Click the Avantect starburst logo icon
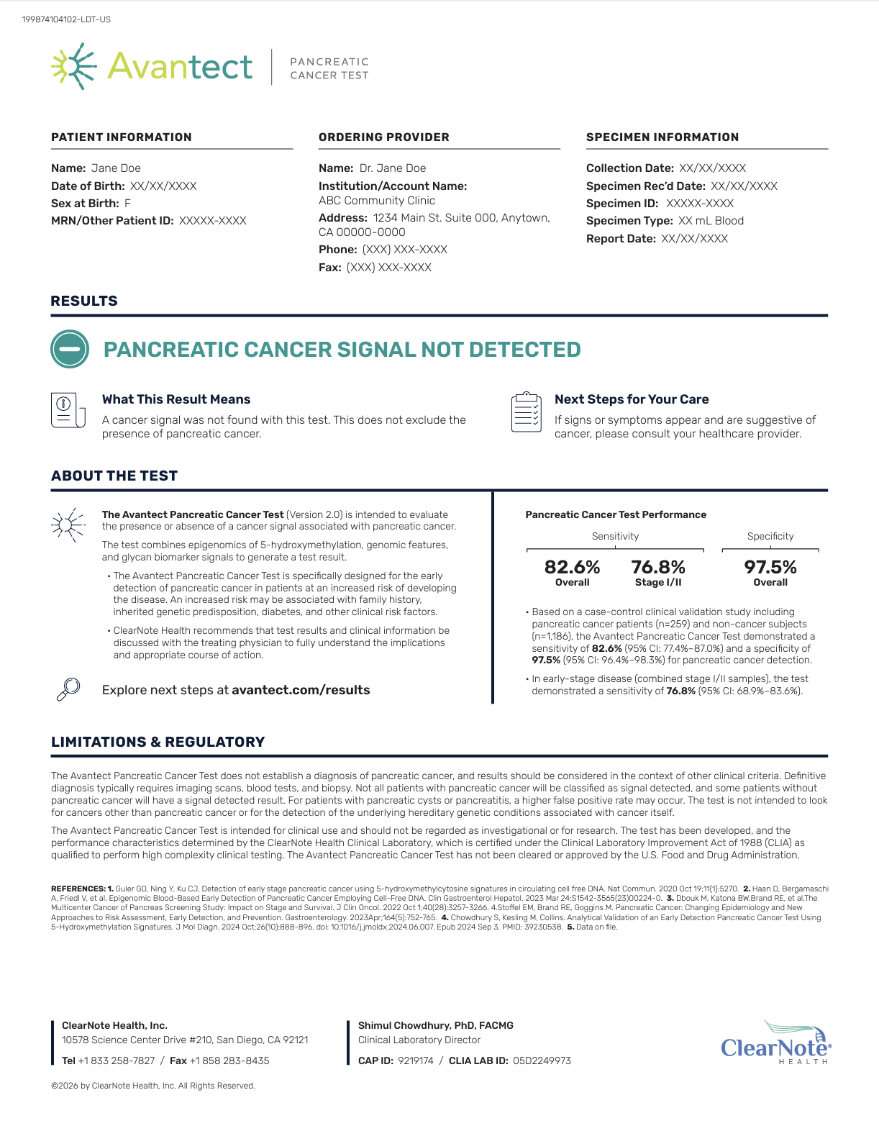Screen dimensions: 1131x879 (x=74, y=66)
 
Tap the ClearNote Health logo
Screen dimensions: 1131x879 (x=775, y=1043)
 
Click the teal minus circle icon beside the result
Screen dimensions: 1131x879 (x=70, y=349)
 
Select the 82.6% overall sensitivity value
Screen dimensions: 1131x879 (x=572, y=567)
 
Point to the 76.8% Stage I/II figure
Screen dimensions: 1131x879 (x=658, y=567)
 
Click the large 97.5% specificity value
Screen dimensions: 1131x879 (x=770, y=567)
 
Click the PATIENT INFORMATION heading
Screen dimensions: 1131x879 (x=122, y=137)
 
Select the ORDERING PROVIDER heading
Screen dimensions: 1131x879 (x=384, y=137)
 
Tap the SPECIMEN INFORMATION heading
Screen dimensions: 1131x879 (x=662, y=137)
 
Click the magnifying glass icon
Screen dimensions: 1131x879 (x=68, y=689)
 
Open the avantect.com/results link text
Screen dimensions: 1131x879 (x=301, y=690)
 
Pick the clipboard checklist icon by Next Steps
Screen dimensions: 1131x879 (x=526, y=412)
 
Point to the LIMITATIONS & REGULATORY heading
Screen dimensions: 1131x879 (x=158, y=742)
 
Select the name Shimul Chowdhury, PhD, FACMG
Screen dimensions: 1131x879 (x=436, y=1025)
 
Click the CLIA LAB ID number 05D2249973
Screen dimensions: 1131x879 (x=542, y=1060)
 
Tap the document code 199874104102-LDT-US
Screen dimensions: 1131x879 (x=66, y=19)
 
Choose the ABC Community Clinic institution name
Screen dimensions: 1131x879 (x=377, y=201)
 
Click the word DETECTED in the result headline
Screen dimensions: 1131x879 (x=524, y=350)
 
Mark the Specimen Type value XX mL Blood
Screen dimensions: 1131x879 (x=711, y=221)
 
